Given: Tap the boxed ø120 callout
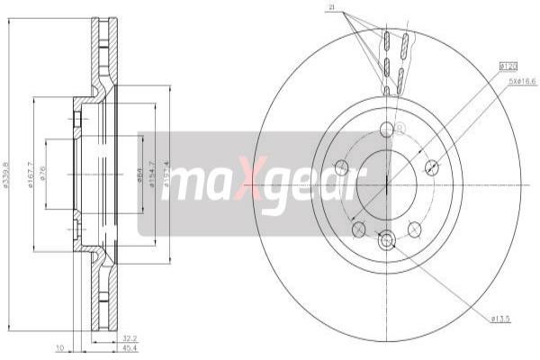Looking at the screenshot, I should click(x=508, y=66).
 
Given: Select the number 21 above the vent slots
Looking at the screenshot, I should click(x=332, y=9).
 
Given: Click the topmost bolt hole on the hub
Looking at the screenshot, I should click(x=387, y=130).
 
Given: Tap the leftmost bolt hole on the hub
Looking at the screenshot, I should click(x=341, y=166).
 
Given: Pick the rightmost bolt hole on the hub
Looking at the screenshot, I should click(x=431, y=166).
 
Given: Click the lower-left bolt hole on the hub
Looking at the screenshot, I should click(x=358, y=229).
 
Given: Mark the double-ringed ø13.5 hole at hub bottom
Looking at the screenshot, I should click(x=387, y=239).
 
